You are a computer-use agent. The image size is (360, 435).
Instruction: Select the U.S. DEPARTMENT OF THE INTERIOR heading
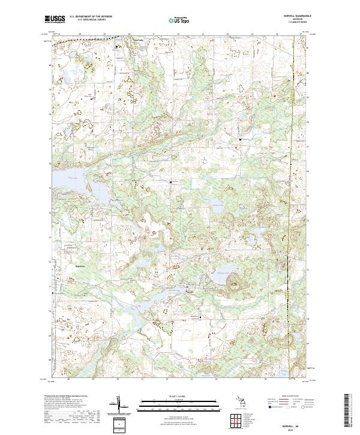[91, 16]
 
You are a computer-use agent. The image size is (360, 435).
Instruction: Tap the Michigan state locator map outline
[238, 401]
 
